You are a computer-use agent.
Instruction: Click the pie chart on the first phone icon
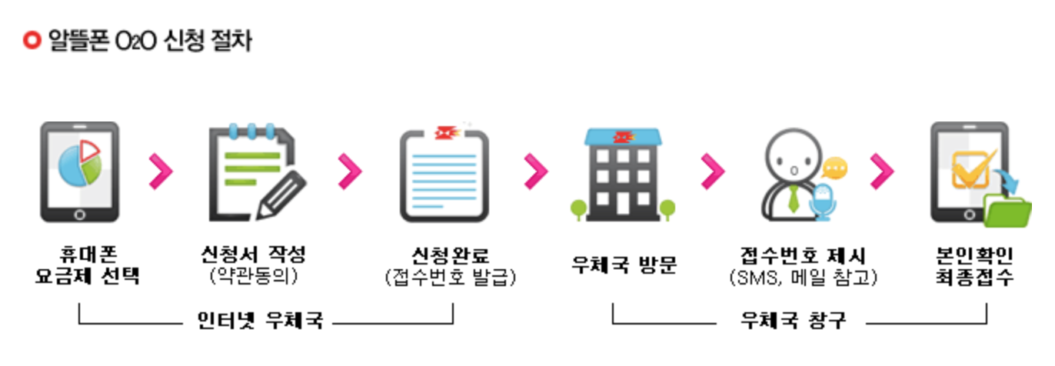pyautogui.click(x=80, y=164)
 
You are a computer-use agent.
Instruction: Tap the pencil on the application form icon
pyautogui.click(x=281, y=195)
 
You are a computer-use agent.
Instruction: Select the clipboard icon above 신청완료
pyautogui.click(x=443, y=173)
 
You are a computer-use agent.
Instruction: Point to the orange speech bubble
pyautogui.click(x=834, y=167)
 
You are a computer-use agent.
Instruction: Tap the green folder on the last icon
pyautogui.click(x=1008, y=211)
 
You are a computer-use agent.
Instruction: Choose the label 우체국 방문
pyautogui.click(x=624, y=265)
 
